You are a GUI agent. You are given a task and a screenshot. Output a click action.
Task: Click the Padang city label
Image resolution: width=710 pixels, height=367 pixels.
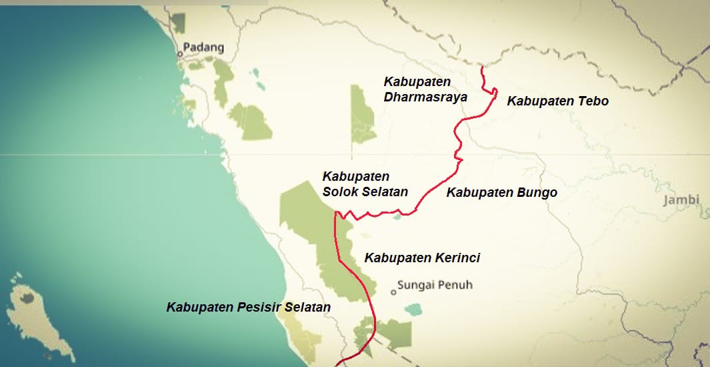tap(205, 48)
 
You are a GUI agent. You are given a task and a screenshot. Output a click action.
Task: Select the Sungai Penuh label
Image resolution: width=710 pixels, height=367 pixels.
tap(435, 286)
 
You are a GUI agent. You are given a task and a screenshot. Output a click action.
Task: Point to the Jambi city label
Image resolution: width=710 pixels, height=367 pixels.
tap(681, 200)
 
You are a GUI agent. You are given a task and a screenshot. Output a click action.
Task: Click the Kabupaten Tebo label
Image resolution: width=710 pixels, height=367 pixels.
tap(557, 101)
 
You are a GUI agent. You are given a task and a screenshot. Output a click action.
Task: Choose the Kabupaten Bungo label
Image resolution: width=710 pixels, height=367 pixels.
tap(501, 193)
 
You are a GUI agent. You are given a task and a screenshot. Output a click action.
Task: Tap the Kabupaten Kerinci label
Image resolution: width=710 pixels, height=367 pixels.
tap(421, 258)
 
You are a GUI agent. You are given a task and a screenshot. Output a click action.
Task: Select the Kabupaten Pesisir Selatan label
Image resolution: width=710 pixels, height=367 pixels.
tap(249, 308)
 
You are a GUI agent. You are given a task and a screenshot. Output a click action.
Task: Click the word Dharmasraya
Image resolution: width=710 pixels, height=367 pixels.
tap(425, 97)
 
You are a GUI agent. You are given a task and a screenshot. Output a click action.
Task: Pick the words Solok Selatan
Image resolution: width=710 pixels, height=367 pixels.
tap(365, 192)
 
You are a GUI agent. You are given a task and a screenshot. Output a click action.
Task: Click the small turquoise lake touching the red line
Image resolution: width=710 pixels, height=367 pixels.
tap(398, 216)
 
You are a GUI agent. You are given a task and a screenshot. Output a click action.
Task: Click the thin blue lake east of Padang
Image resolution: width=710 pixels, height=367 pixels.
tap(257, 80)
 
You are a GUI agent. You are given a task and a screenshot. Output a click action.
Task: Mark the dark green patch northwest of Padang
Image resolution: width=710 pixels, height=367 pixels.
tap(177, 22)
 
